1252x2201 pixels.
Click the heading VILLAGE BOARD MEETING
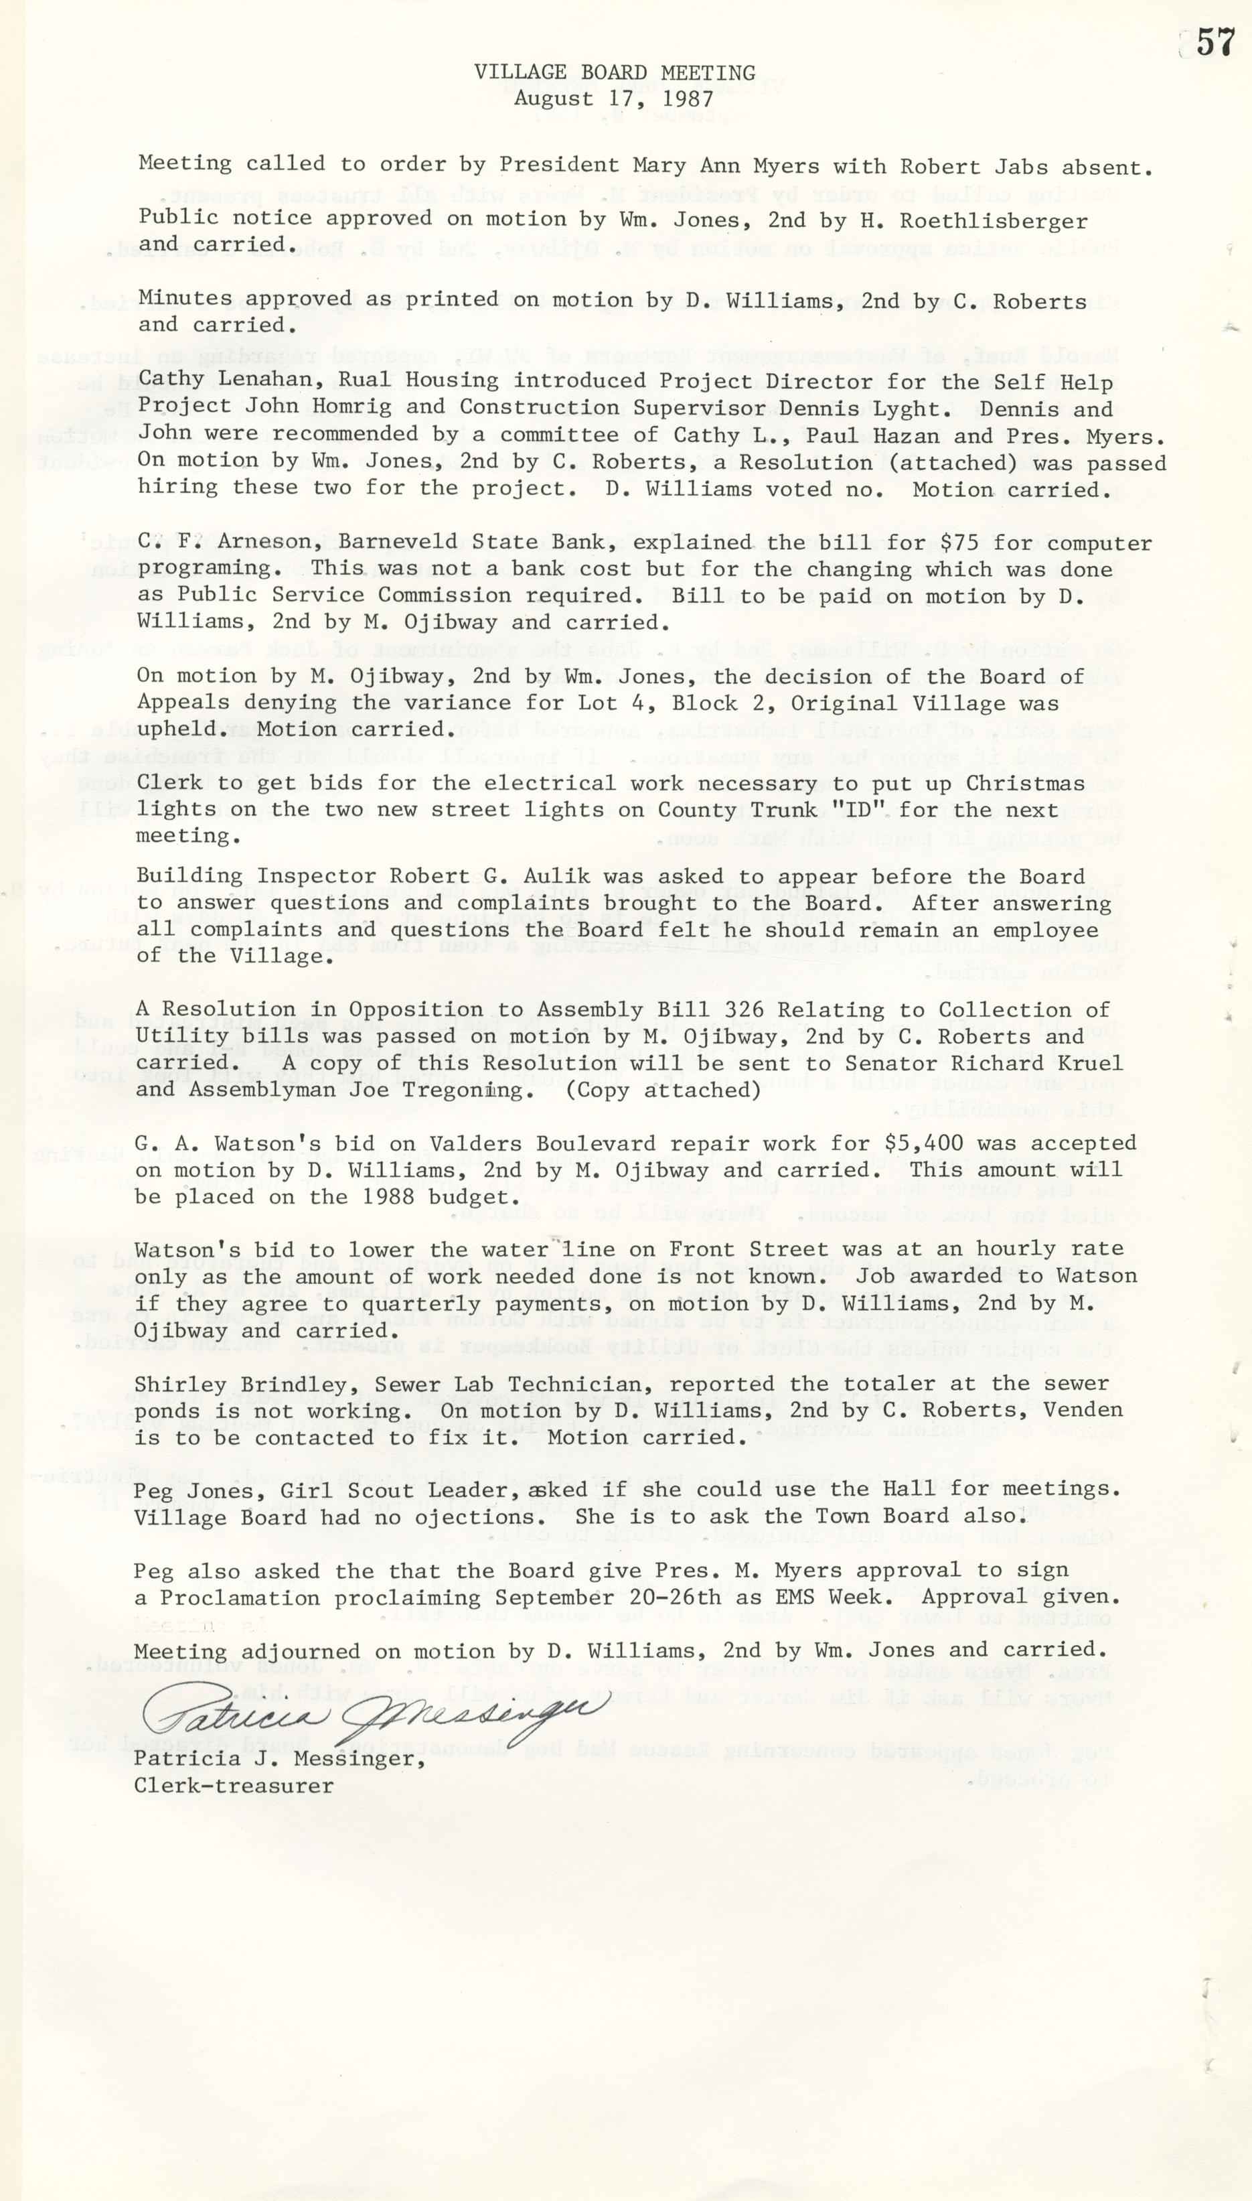(614, 73)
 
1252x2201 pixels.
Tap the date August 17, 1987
(614, 99)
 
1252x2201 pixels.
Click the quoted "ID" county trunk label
(911, 810)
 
